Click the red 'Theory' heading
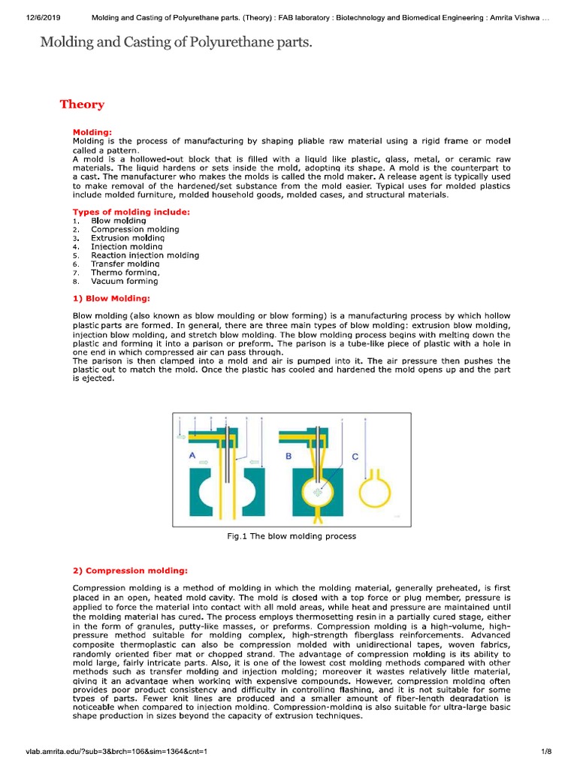[x=82, y=104]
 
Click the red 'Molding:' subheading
[x=92, y=131]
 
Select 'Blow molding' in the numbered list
[x=118, y=221]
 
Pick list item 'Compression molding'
[x=134, y=229]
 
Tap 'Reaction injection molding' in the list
[x=145, y=255]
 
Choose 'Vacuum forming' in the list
[x=125, y=282]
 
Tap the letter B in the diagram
[x=287, y=456]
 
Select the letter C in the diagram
[x=355, y=456]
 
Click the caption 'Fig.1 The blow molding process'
[x=291, y=536]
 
